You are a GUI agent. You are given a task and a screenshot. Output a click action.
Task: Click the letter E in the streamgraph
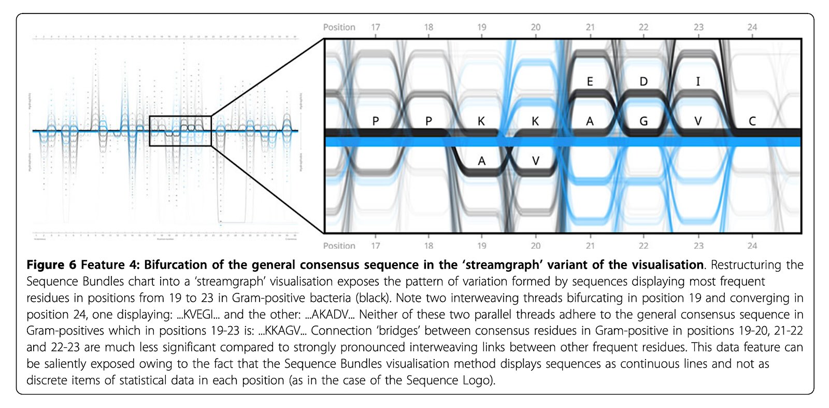[x=590, y=81]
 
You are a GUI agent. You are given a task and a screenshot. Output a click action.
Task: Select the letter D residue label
[x=644, y=81]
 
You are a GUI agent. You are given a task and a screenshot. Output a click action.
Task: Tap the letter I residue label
[x=698, y=81]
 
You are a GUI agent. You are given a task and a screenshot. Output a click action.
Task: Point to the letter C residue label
[x=752, y=121]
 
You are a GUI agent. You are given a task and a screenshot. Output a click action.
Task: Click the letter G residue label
[x=644, y=121]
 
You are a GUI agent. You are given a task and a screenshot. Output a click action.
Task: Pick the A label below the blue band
[x=481, y=161]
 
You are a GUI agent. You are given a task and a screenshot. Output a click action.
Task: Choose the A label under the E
[x=590, y=121]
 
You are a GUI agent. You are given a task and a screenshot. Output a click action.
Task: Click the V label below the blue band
[x=536, y=161]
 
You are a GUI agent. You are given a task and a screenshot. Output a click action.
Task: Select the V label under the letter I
[x=698, y=121]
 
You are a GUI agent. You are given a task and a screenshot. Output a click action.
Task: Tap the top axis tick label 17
[x=376, y=27]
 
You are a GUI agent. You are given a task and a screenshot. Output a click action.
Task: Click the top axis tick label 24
[x=752, y=27]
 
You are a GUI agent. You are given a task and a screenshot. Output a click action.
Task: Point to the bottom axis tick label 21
[x=590, y=246]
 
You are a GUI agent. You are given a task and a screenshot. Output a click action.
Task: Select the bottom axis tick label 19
[x=482, y=246]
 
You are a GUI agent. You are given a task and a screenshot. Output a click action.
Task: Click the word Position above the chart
[x=339, y=27]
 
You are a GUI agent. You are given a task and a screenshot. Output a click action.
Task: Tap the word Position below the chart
[x=339, y=246]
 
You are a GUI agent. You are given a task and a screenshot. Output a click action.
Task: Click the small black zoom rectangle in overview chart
[x=180, y=131]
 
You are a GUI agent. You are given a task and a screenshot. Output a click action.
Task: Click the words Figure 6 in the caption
[x=51, y=265]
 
